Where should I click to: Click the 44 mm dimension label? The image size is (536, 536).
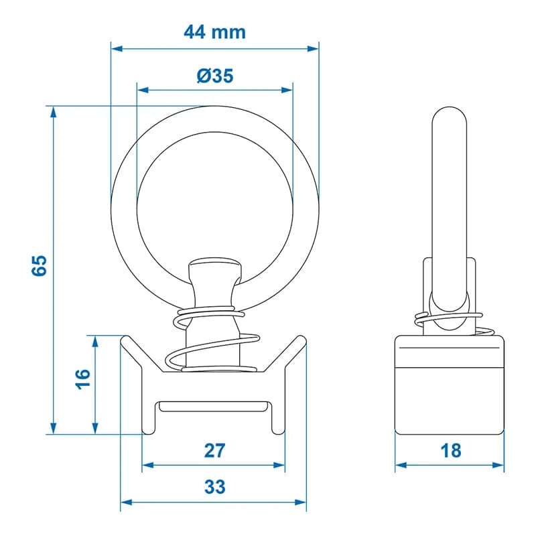click(x=214, y=31)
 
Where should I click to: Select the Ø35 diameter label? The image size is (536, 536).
click(x=214, y=76)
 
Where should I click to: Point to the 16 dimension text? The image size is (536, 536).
click(x=82, y=379)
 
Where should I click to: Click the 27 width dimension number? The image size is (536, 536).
click(x=214, y=450)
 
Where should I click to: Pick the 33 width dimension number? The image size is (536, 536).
click(x=214, y=487)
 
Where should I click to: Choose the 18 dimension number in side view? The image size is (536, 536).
click(x=451, y=450)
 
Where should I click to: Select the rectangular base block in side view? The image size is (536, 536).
click(x=448, y=385)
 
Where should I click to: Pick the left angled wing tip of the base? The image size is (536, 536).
click(x=124, y=340)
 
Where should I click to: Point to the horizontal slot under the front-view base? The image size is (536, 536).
click(x=214, y=406)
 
